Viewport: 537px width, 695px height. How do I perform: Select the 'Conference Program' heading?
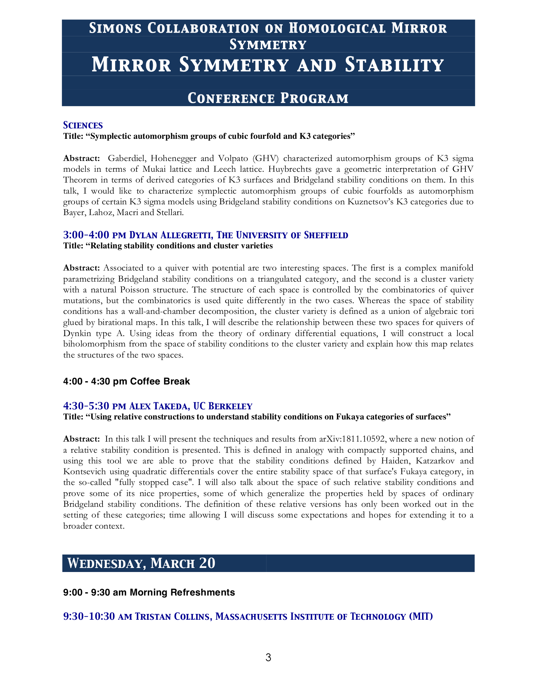(268, 98)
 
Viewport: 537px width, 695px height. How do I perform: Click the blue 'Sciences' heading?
(83, 125)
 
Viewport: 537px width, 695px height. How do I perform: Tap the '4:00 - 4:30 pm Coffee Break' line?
(126, 381)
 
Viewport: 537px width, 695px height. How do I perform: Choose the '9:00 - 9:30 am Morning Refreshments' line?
(149, 592)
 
